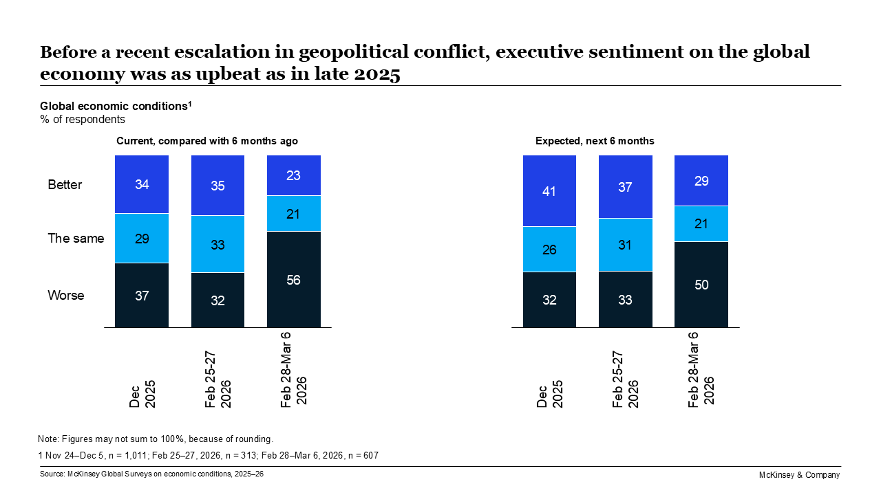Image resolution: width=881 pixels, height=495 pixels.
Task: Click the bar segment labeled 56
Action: coord(293,279)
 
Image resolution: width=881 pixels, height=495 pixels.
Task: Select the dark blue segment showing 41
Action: coord(549,190)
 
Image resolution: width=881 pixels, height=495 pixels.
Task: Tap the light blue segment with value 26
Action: coord(549,249)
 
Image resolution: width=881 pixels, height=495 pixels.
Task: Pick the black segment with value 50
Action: coord(701,285)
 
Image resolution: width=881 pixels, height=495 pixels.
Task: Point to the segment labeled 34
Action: coord(142,184)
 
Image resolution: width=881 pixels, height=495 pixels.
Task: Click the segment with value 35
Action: coord(217,186)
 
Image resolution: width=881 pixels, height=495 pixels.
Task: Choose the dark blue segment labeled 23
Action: coord(293,175)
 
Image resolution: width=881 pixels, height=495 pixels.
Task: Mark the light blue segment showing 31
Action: coord(625,244)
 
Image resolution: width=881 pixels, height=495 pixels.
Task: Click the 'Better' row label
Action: coord(65,185)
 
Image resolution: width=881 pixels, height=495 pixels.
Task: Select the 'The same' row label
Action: coord(76,239)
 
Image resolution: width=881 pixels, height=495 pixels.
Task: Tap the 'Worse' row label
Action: coord(66,296)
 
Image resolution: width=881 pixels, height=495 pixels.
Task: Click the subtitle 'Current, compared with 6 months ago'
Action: coord(206,141)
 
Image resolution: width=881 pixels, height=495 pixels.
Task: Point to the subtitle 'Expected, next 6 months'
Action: coord(595,141)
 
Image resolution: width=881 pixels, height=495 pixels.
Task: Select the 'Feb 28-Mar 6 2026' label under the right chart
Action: coord(701,369)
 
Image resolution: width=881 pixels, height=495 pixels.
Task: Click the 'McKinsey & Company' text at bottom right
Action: coord(798,475)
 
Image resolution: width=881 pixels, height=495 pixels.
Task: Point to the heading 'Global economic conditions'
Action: coord(114,107)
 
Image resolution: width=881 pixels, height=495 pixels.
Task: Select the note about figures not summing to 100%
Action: coord(156,439)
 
